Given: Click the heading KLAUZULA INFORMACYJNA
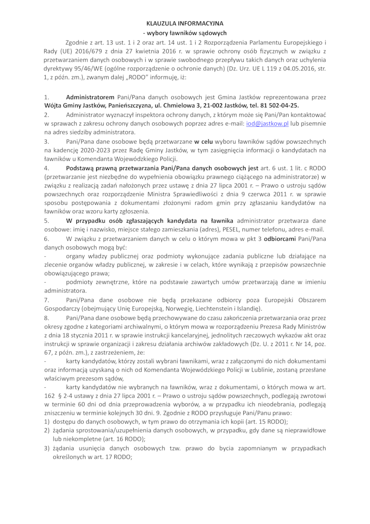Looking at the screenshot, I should coord(185,23).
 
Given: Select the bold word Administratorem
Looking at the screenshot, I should coord(90,97).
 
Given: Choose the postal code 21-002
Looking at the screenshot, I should coord(210,105).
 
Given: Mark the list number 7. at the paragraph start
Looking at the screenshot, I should coord(47,300).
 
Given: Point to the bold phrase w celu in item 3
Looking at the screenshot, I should coord(203,141).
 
